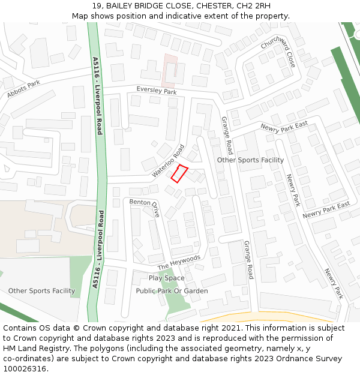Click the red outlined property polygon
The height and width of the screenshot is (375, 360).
179,173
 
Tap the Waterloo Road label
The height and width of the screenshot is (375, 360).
168,160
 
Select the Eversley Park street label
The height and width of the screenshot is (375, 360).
157,90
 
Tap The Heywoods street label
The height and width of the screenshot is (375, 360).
179,262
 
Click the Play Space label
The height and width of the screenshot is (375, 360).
167,278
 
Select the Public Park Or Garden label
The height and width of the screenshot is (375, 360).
172,291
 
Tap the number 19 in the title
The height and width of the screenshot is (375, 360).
97,7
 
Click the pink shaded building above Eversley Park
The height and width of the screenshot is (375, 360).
170,71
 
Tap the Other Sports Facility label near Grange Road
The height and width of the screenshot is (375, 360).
250,160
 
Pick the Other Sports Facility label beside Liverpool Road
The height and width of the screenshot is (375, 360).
41,291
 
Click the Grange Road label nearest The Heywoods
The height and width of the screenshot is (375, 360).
248,260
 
